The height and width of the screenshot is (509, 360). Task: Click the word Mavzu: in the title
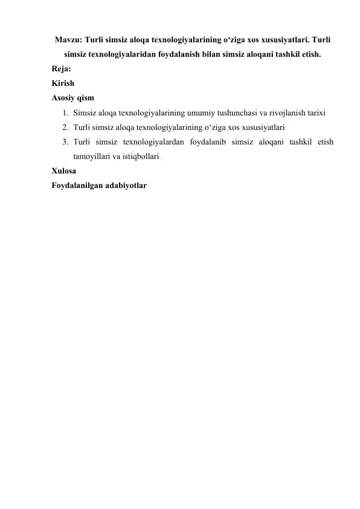point(68,40)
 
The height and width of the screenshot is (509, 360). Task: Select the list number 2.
point(64,128)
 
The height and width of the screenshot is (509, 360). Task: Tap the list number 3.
point(64,142)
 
